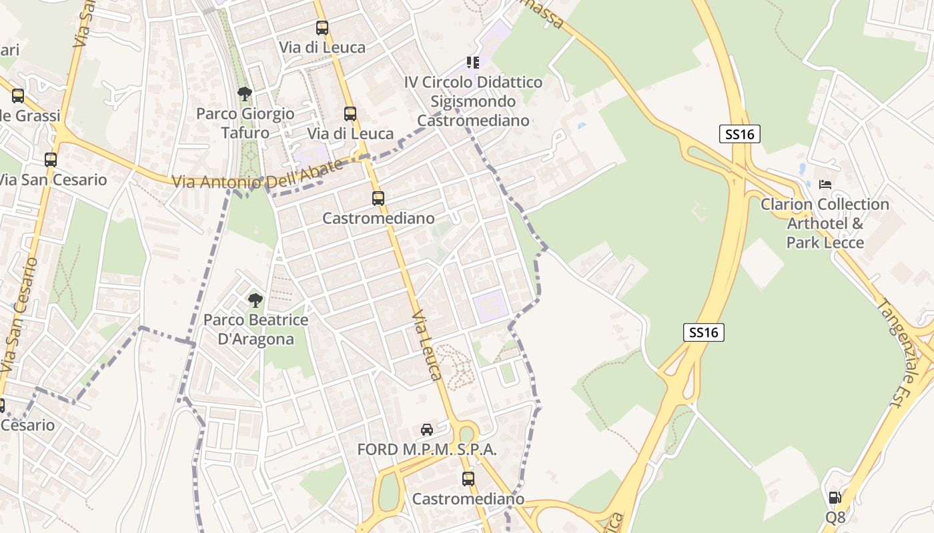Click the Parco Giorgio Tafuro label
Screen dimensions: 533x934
(245, 123)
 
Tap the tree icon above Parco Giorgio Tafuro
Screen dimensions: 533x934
(245, 93)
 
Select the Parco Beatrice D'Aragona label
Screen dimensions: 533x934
(256, 330)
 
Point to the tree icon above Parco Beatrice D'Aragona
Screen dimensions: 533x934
(255, 300)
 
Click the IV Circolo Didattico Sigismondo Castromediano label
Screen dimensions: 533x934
(473, 101)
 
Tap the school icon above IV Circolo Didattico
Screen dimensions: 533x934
(473, 63)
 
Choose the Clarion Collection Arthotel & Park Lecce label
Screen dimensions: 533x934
(825, 223)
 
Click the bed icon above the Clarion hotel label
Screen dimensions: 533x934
(825, 184)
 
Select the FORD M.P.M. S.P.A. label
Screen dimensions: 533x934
(427, 450)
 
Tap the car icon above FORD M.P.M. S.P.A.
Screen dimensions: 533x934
(427, 430)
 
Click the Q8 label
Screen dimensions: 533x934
(835, 517)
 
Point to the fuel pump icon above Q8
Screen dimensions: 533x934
(835, 498)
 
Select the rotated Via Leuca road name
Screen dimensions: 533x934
(428, 345)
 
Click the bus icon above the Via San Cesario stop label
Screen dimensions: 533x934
(51, 160)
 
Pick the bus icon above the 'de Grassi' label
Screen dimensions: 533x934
(18, 96)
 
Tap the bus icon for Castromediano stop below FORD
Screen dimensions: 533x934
(468, 478)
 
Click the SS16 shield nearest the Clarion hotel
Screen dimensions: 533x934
(740, 134)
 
